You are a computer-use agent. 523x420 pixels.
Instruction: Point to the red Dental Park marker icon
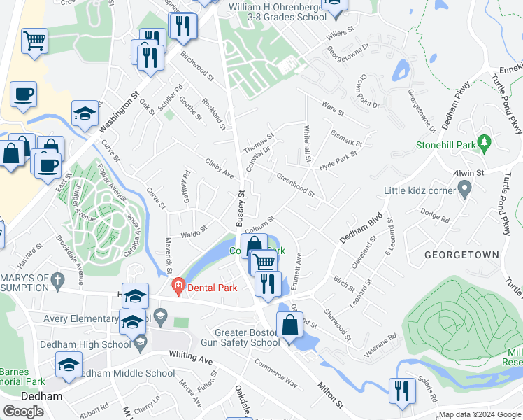[178, 286]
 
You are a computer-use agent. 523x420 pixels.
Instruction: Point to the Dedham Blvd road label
[362, 227]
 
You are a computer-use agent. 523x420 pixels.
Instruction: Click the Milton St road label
[331, 395]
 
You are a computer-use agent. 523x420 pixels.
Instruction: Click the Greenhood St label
[295, 184]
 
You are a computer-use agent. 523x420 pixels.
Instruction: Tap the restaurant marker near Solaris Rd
[401, 390]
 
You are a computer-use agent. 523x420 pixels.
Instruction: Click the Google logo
[24, 412]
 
